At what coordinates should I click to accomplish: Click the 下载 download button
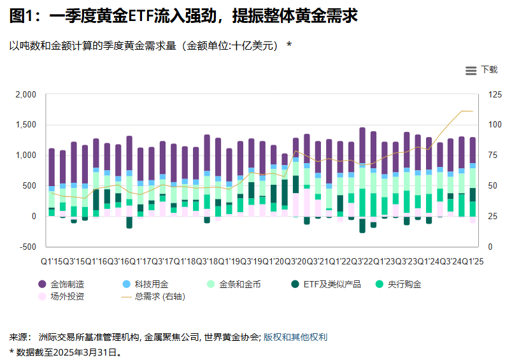click(x=488, y=70)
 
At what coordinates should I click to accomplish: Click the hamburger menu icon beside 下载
click(x=471, y=71)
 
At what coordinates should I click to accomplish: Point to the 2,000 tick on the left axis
click(x=25, y=94)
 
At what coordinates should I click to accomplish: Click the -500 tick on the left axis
click(x=27, y=247)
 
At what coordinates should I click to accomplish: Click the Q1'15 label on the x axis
click(x=51, y=261)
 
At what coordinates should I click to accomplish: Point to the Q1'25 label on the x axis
click(x=473, y=261)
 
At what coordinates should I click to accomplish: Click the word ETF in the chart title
click(x=139, y=17)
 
